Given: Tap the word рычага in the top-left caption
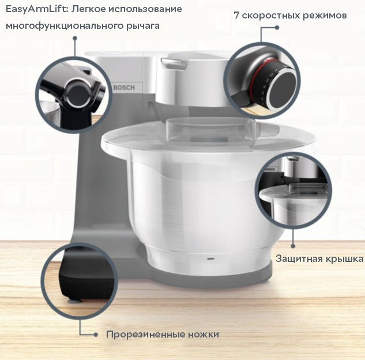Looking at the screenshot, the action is point(143,26).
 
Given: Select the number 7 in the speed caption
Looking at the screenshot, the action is point(236,16).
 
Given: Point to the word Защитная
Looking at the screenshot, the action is point(299,259).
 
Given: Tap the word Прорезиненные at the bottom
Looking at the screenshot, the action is point(145,335).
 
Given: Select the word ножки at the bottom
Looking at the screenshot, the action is point(204,335).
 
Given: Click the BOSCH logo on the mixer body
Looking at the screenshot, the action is point(124,88).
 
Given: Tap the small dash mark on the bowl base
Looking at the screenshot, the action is point(211,258).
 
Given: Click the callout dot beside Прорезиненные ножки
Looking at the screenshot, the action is point(96,335).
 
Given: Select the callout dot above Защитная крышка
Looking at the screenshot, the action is point(293,246).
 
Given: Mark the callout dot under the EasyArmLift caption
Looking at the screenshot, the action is point(75,38).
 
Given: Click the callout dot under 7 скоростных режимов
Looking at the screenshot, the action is point(277,28).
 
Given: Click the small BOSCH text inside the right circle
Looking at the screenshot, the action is point(270,169).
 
